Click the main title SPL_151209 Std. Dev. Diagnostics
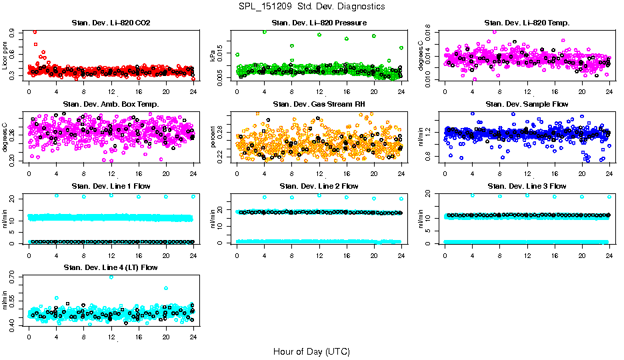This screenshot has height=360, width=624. coord(311,7)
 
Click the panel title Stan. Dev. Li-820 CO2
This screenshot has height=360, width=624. coord(111,23)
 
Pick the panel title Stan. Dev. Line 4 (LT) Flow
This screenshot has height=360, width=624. coord(111,267)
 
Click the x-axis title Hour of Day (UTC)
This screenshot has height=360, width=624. coord(311,351)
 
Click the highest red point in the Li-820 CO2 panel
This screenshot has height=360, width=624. coord(35,32)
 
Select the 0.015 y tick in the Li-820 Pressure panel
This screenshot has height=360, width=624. coord(221,52)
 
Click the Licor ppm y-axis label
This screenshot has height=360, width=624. coord(5,56)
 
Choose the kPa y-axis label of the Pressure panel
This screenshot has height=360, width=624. coord(213,56)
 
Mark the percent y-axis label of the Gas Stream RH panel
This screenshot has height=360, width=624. coord(213,137)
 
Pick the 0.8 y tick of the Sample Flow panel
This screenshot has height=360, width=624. coord(429,157)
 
